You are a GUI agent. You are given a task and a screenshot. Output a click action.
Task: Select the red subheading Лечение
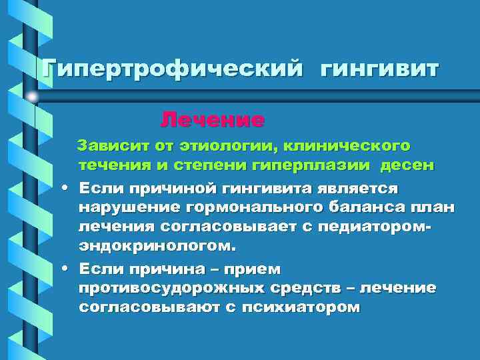click(213, 121)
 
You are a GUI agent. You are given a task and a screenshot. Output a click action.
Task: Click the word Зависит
click(111, 145)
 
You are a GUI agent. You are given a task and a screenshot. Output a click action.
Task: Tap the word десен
click(409, 164)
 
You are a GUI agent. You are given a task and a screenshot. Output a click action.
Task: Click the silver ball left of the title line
click(32, 97)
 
